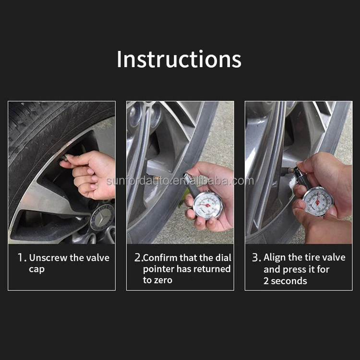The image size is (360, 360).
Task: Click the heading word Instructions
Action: click(179, 59)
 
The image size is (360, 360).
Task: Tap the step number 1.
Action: click(21, 258)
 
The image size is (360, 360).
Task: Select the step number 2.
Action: click(138, 258)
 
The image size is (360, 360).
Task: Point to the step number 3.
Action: click(256, 258)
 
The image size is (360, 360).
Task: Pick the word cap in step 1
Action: click(36, 269)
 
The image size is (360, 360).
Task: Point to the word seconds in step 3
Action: click(289, 281)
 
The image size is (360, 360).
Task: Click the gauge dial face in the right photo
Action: click(317, 201)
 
